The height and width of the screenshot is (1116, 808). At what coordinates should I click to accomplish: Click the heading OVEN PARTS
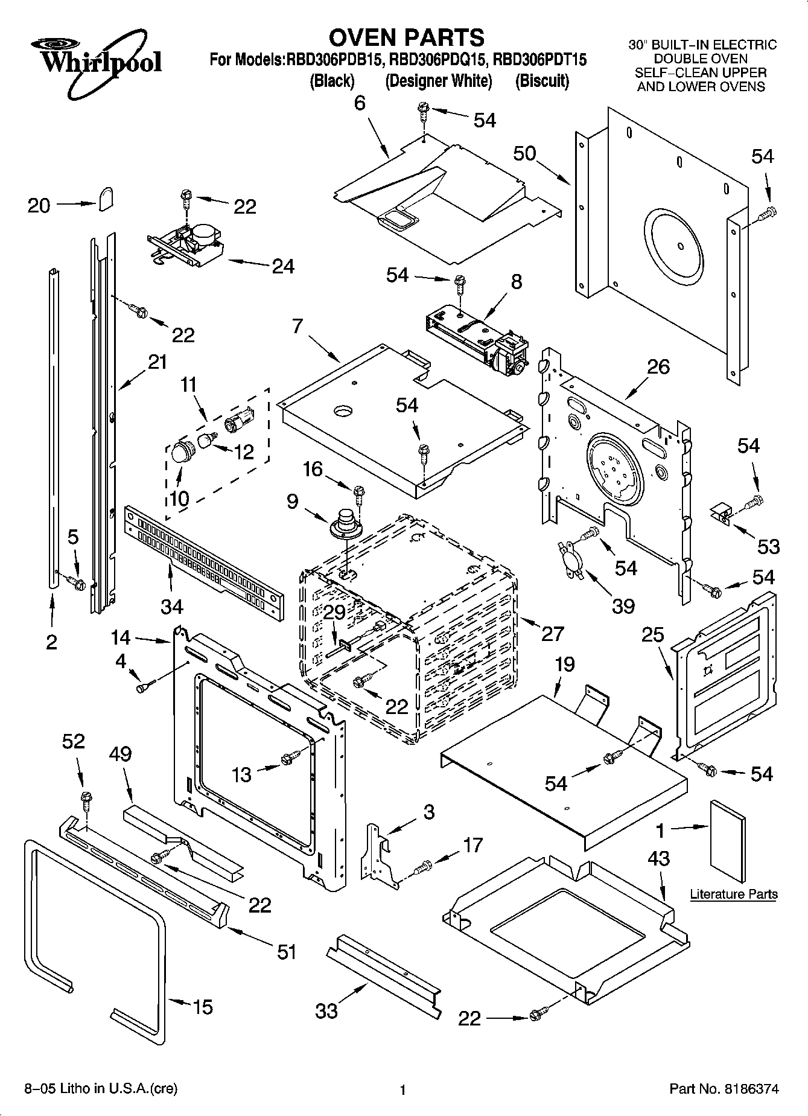coord(406,37)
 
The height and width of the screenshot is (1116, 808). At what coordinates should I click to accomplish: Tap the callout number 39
coord(623,605)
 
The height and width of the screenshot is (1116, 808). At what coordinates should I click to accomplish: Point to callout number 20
coord(39,206)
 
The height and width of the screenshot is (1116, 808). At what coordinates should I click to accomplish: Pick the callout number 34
coord(172,605)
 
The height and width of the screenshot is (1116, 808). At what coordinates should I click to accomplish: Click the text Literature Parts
coord(733,894)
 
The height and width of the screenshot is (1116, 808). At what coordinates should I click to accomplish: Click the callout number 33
coord(326,1011)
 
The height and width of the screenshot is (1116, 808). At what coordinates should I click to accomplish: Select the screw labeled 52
coord(86,800)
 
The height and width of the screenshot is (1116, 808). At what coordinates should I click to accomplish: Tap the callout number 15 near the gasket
coord(203,1007)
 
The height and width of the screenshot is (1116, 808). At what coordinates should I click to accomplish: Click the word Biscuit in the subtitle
coord(542,81)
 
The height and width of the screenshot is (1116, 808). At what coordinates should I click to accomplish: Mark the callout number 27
coord(553,633)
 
